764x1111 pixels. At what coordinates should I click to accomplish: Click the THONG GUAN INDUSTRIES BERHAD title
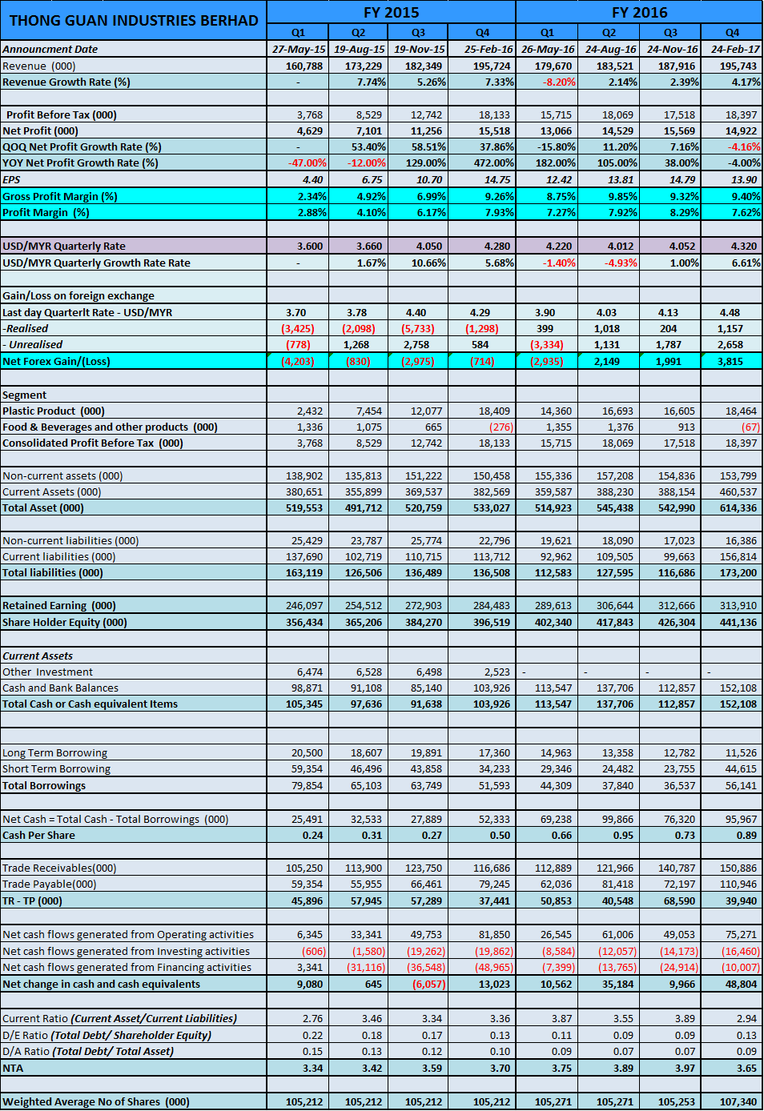tap(134, 21)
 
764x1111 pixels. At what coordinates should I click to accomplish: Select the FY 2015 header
tap(391, 12)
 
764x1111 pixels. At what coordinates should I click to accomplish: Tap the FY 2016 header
tap(639, 12)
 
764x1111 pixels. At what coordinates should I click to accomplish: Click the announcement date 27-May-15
tap(299, 49)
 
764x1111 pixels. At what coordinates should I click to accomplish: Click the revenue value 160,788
tap(304, 66)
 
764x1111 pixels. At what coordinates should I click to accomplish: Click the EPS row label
tap(12, 179)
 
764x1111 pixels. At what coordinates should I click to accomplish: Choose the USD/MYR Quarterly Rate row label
tap(64, 246)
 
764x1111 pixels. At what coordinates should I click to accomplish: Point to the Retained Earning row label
tap(59, 605)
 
